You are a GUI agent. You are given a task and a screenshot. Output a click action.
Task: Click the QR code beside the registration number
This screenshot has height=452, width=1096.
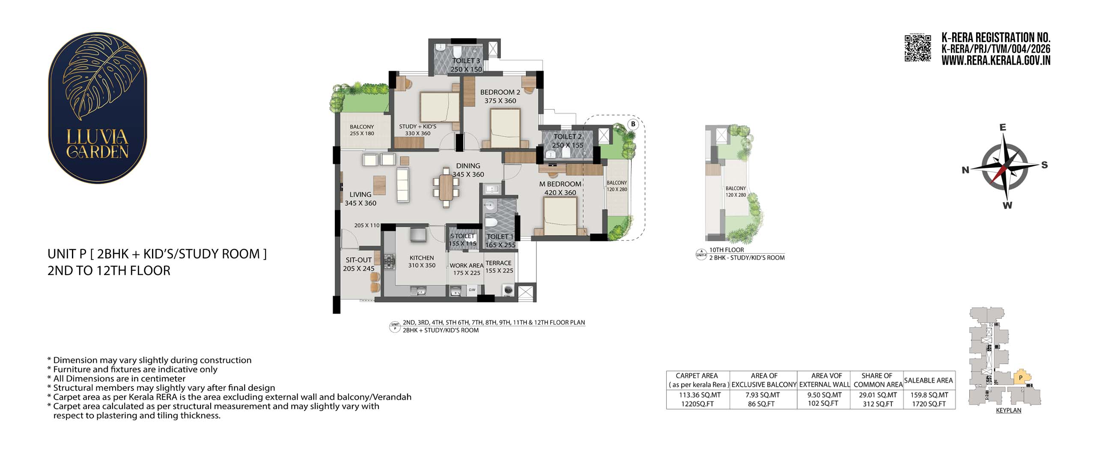pos(917,48)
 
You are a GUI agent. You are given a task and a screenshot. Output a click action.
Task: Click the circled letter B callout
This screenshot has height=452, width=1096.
pos(633,125)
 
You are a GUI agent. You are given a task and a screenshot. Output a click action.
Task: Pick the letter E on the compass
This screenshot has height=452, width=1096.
pos(1002,127)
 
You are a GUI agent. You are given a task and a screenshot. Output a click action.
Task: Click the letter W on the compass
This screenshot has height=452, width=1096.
pos(1007,205)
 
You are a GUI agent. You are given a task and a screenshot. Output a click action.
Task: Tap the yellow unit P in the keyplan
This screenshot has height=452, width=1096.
pos(1022,377)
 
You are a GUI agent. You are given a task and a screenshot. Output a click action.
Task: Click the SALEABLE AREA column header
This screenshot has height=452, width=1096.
pos(928,380)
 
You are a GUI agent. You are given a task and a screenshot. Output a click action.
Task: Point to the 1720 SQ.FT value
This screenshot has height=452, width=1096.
pos(929,404)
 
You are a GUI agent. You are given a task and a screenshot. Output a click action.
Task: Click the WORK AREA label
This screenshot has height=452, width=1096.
pos(466,266)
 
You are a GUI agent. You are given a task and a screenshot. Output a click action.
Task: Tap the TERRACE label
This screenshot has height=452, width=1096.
pos(498,263)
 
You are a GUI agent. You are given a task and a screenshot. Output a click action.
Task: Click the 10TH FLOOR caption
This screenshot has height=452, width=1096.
pos(727,250)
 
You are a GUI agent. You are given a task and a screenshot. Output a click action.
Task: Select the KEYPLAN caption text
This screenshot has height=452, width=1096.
pos(1009,410)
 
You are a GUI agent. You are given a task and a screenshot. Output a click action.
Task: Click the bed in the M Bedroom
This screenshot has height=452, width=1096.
pos(560,216)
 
